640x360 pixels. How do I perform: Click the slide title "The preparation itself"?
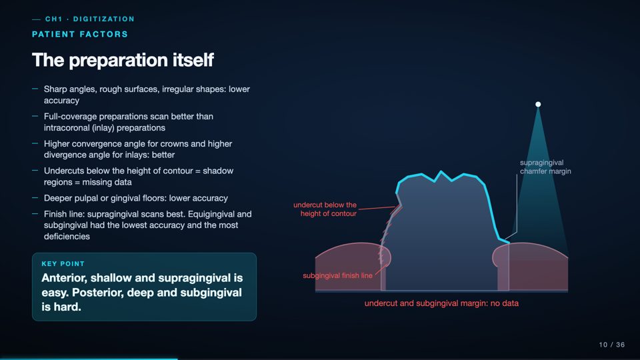(123, 60)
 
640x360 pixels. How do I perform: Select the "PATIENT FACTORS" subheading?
(80, 34)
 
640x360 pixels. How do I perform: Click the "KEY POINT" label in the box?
(63, 264)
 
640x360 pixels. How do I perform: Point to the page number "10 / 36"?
(612, 345)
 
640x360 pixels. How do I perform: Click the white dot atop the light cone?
(538, 105)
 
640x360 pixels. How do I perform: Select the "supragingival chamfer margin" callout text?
(545, 167)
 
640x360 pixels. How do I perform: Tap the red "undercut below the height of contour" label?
(325, 209)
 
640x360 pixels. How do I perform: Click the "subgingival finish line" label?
(337, 275)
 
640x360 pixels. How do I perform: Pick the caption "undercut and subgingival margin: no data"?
(441, 303)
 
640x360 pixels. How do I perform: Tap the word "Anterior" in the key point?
(64, 278)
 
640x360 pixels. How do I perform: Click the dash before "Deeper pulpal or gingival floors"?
(35, 197)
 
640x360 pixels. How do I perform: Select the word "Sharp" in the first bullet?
(55, 89)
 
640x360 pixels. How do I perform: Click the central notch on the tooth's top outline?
(441, 173)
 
